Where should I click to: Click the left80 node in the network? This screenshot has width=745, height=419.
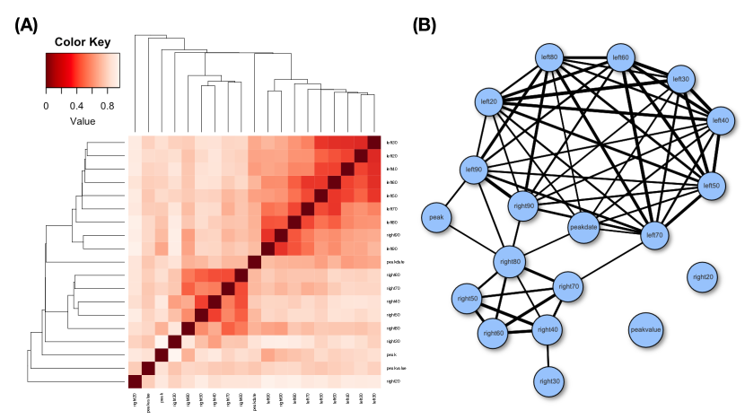coord(548,59)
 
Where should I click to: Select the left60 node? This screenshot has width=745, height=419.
coord(619,59)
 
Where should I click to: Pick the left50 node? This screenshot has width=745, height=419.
coord(711,186)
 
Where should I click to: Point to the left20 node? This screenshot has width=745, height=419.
coord(488,101)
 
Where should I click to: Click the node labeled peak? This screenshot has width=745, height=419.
coord(437,217)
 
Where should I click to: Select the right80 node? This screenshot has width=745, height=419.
coord(510,263)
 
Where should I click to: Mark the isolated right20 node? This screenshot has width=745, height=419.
coord(704,276)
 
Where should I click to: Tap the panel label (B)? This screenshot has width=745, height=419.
coord(424,25)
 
